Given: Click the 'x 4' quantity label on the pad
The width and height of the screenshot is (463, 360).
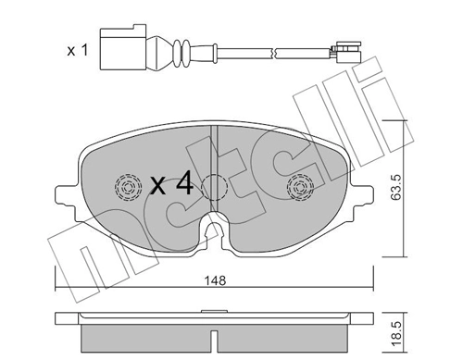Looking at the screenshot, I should pos(171,184).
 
